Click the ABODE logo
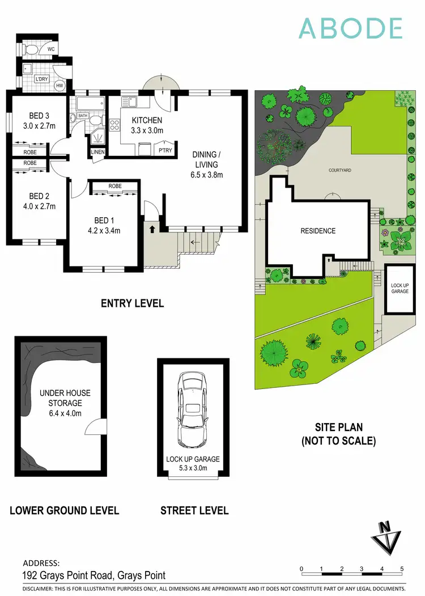click(351, 28)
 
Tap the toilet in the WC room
click(32, 50)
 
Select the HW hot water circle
click(59, 85)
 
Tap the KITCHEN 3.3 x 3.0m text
click(147, 125)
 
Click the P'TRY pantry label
click(165, 150)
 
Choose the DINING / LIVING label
click(207, 164)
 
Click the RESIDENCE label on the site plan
click(318, 231)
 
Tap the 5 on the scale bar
click(402, 569)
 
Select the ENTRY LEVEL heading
click(132, 303)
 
